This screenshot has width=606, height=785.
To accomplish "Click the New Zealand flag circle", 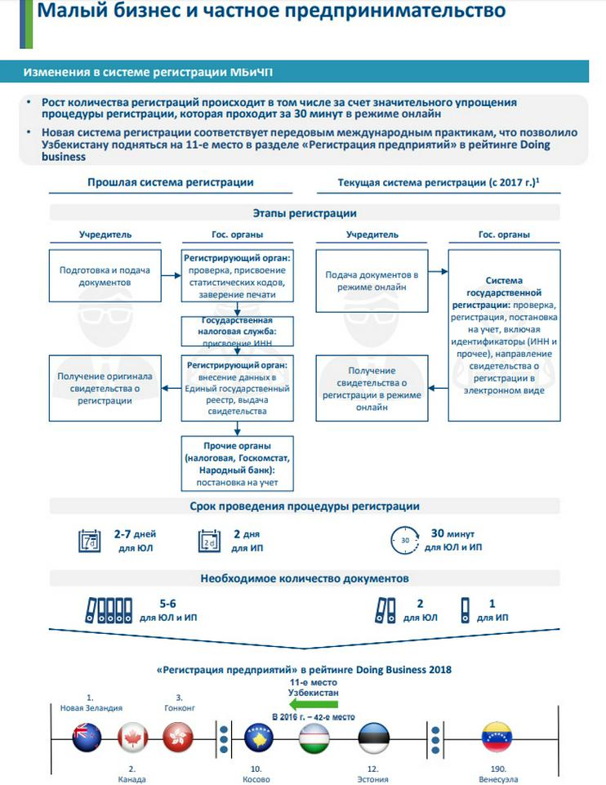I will (x=86, y=738).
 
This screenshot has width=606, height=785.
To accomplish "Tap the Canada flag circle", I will (x=131, y=738).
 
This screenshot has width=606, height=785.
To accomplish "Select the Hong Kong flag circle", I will (x=177, y=738).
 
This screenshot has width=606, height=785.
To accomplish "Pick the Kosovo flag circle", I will (x=258, y=738).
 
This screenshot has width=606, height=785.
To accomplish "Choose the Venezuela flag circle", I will (x=497, y=737).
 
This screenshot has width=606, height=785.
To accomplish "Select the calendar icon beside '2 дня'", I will (x=211, y=541).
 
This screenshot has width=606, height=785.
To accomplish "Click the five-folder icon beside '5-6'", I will (x=108, y=611).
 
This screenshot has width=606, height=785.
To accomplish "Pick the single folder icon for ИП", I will (x=466, y=611).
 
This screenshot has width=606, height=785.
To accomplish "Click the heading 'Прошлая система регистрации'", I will (x=171, y=182).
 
